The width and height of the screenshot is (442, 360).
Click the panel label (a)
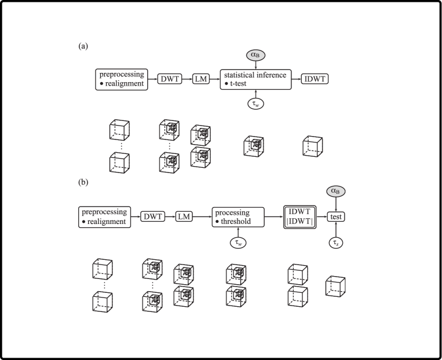83,46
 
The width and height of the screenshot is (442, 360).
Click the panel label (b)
83,182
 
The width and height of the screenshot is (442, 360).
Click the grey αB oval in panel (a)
255,54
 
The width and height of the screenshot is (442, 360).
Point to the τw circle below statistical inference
255,104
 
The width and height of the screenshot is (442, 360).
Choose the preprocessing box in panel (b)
104,216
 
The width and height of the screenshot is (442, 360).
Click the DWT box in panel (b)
153,216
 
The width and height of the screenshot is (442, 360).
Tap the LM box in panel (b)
184,216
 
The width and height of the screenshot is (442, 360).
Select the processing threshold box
238,216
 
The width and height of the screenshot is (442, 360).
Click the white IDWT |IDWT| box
299,216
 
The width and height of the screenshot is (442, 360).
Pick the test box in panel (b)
335,216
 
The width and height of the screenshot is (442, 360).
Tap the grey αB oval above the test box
335,191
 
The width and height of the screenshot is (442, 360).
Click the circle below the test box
335,243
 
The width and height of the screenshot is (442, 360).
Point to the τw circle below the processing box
238,243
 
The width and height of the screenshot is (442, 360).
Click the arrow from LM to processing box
202,216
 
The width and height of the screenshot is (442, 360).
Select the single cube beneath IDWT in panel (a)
312,146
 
